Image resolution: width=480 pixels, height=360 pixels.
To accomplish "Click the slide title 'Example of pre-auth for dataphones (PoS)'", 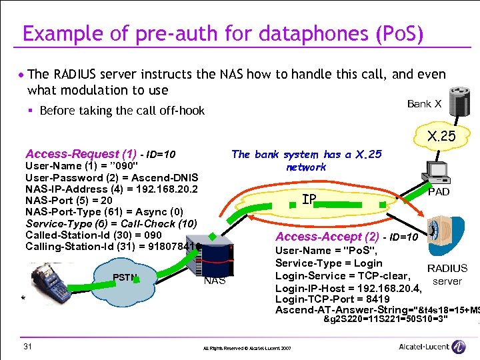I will (x=223, y=34).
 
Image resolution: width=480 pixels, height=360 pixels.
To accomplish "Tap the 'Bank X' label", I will (x=424, y=103).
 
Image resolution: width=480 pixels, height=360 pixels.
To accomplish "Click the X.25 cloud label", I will (x=442, y=137).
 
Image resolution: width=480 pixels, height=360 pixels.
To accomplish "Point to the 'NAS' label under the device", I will (x=215, y=281).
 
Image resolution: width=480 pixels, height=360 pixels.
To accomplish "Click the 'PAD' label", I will (x=438, y=191).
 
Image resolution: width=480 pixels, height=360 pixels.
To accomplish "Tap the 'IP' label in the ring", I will (x=309, y=199).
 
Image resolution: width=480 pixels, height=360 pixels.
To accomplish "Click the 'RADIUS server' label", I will (x=447, y=275).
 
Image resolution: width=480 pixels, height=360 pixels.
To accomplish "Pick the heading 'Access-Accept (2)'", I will (x=327, y=237).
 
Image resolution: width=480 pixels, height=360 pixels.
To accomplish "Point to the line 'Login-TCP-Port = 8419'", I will (x=333, y=299).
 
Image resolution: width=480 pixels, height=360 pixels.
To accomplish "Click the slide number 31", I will (x=27, y=345).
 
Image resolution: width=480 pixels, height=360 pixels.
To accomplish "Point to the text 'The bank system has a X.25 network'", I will (x=306, y=161).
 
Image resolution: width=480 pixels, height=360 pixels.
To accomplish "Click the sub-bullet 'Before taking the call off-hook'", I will (x=122, y=111).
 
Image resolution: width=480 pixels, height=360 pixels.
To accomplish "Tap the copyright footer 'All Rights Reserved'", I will (x=247, y=348).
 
